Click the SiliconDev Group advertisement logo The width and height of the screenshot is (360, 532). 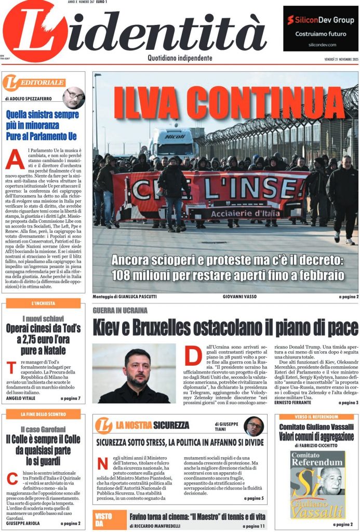pos(321,20)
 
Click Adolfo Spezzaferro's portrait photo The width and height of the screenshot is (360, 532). pos(74,97)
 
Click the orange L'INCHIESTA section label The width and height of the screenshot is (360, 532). pos(44,303)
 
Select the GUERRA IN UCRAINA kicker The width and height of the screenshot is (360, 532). pos(120,310)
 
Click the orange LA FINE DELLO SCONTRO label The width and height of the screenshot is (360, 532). pos(44,414)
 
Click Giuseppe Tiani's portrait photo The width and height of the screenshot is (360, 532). pos(254,426)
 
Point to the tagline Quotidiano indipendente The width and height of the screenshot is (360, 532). pos(180,58)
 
